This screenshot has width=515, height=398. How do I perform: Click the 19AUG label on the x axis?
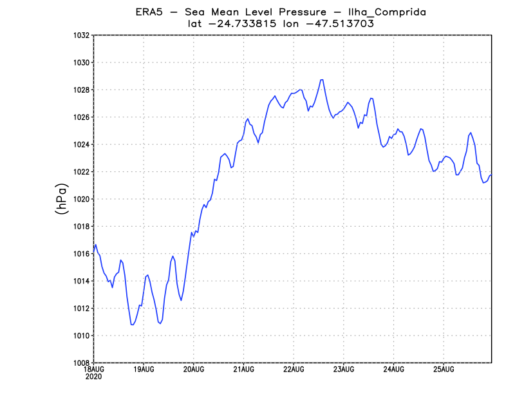(144, 370)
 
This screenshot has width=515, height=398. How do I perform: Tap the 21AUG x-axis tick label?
(243, 370)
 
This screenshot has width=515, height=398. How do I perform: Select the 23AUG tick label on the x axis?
(343, 370)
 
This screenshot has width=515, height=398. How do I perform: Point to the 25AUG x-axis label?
(443, 370)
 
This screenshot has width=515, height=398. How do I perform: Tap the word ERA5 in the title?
(149, 12)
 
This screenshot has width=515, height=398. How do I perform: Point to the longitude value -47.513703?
(342, 23)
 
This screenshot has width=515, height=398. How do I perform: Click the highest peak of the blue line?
(321, 80)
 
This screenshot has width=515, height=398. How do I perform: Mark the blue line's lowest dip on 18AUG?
(132, 325)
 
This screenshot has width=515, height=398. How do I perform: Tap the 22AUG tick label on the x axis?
(294, 370)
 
